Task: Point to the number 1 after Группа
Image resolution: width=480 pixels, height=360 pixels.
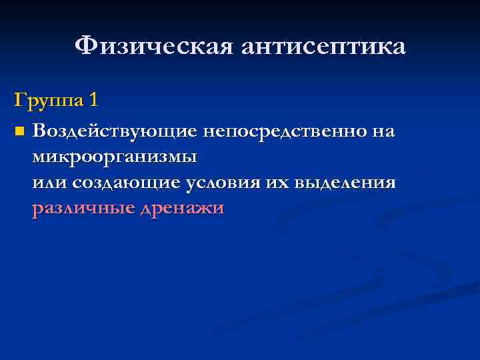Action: point(93,101)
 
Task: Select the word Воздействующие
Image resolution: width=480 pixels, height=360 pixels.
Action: point(114,131)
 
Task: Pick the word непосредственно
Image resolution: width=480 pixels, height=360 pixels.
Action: point(284,131)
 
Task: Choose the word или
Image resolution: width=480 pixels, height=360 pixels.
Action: point(49,183)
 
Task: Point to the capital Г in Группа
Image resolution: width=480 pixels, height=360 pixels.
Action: point(19,101)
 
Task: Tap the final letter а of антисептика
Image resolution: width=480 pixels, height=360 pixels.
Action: point(398,49)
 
